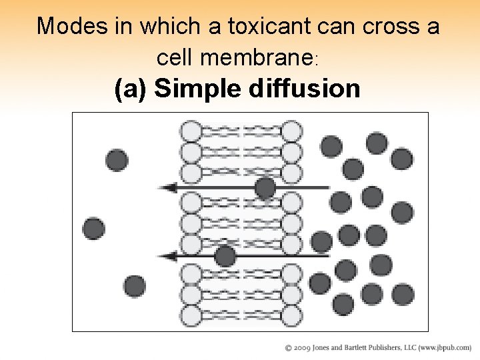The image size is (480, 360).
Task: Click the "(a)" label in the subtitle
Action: coord(131,88)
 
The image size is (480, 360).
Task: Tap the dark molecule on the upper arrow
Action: coord(265,188)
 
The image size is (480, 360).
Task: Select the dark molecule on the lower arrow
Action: coord(225,255)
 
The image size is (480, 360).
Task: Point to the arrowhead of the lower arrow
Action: coord(170,255)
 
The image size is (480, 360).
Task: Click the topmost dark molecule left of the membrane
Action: coord(117,159)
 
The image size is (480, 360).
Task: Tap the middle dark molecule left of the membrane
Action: coord(93,229)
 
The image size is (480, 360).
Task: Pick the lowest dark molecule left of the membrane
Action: coord(135,286)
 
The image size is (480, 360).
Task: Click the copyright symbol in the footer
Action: coord(289,348)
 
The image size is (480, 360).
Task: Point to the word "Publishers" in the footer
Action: coord(394,348)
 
